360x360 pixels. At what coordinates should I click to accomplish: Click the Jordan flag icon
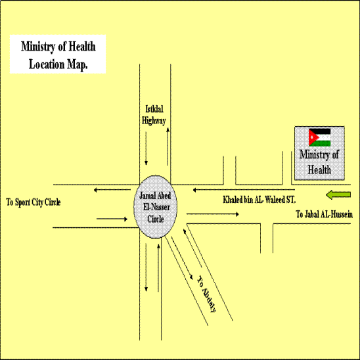point(319,137)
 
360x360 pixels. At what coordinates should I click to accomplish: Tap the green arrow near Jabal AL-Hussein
point(338,195)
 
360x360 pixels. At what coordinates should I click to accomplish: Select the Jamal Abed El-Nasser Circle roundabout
point(156,207)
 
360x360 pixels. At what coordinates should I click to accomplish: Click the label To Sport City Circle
point(34,202)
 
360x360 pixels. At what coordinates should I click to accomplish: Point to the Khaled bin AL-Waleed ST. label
point(259,200)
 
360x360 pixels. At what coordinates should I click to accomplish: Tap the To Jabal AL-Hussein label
point(324,214)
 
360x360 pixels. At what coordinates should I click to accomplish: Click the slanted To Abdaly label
point(206,294)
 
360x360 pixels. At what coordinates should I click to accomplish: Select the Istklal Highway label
point(154,115)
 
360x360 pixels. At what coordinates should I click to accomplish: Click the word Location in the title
point(47,64)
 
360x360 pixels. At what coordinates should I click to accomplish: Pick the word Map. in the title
point(78,65)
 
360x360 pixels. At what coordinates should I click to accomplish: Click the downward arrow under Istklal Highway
point(146,148)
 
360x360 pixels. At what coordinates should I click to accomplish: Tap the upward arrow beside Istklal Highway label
point(168,146)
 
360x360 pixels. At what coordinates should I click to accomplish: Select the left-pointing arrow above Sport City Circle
point(112,190)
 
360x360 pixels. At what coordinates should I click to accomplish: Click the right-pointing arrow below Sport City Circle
point(112,219)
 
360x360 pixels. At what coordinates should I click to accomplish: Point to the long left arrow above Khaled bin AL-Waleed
point(244,190)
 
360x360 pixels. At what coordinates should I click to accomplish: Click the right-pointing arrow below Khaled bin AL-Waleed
point(213,214)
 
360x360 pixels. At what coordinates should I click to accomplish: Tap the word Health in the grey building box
point(319,170)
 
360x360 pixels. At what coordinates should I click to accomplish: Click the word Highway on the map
point(154,120)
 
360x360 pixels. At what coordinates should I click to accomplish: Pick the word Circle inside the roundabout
point(156,219)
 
